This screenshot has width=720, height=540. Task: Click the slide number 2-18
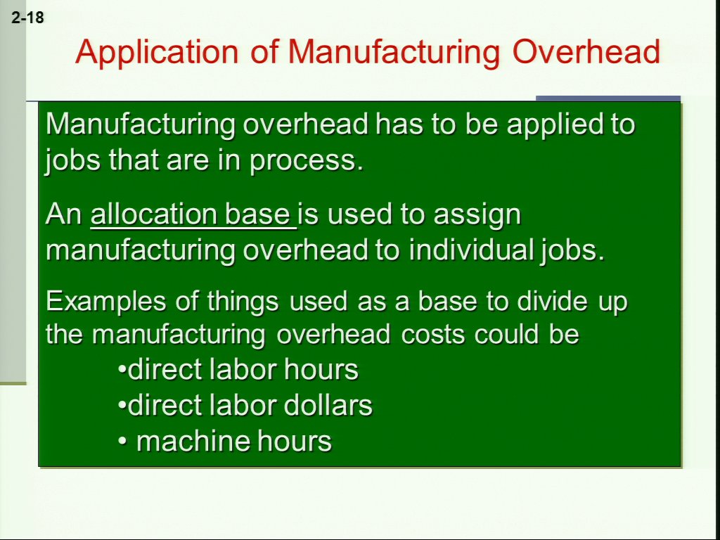pos(27,18)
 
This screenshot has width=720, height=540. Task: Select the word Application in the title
pos(157,53)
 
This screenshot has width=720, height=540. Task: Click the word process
pos(307,162)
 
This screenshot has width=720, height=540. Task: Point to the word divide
pos(552,301)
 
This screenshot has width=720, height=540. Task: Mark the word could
pos(507,334)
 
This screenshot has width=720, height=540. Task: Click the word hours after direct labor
pos(321,370)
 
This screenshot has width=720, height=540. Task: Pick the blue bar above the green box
pos(608,98)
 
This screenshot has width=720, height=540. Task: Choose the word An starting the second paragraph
pos(63,215)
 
